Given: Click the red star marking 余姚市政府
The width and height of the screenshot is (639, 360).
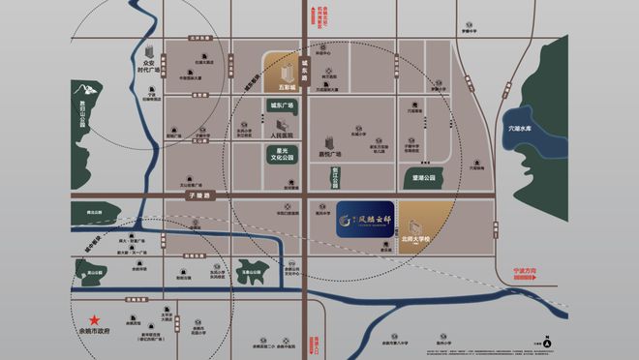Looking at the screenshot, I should coord(95,320).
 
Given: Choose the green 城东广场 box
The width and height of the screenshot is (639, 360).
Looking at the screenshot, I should coord(281,105).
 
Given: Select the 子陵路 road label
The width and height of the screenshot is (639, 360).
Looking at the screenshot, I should coord(198,195).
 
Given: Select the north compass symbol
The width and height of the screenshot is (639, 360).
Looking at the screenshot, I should coord(547,342).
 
